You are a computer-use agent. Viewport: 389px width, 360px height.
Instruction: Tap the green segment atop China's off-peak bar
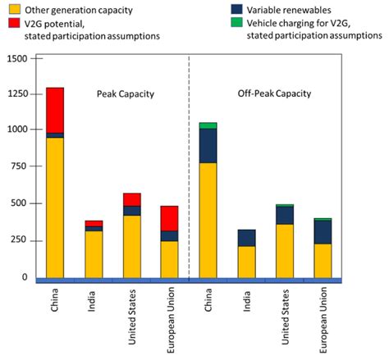pyautogui.click(x=208, y=125)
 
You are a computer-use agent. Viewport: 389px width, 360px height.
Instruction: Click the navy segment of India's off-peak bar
pyautogui.click(x=247, y=238)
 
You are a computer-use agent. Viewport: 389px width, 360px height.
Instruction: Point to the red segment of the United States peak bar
pyautogui.click(x=131, y=199)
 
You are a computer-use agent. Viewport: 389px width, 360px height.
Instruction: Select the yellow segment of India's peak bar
pyautogui.click(x=94, y=254)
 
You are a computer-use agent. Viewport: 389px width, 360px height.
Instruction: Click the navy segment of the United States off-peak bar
pyautogui.click(x=285, y=215)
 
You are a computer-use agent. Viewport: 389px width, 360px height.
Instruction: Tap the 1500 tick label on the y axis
pyautogui.click(x=16, y=60)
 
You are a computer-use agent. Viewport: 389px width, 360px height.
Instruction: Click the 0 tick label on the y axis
pyautogui.click(x=25, y=277)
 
